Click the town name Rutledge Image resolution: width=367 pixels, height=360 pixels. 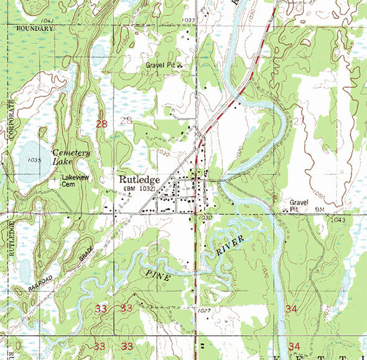pos(140,179)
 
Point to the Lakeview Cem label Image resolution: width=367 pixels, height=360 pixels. pos(73,180)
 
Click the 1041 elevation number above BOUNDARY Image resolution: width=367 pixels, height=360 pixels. pos(50,21)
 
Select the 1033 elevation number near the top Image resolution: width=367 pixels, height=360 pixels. pos(189,21)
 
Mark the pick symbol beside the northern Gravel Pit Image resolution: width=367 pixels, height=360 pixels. pos(179,65)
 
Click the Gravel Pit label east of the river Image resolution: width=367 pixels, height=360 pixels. pos(298,206)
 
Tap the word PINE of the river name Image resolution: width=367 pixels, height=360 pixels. pos(159,275)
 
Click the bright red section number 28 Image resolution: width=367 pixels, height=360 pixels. pos(102,124)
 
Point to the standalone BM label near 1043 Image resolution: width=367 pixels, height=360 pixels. pos(320,210)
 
